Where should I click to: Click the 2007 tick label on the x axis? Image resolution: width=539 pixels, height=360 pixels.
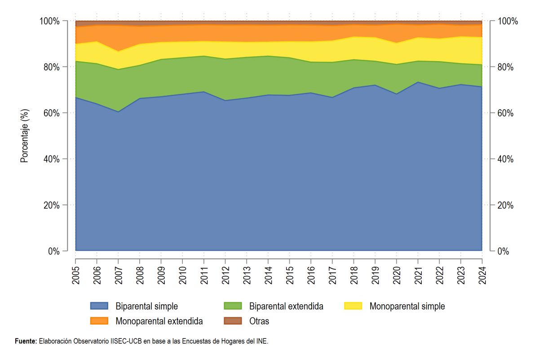pyautogui.click(x=119, y=276)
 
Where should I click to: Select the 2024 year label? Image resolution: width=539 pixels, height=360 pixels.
pyautogui.click(x=482, y=276)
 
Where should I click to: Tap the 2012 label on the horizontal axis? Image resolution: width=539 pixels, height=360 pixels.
pyautogui.click(x=225, y=276)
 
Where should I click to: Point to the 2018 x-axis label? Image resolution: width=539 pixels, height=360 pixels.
pyautogui.click(x=354, y=276)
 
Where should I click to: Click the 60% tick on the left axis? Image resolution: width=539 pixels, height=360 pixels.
pyautogui.click(x=52, y=113)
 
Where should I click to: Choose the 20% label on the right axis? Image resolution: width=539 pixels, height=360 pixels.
pyautogui.click(x=505, y=205)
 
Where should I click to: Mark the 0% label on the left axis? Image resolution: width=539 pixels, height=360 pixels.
pyautogui.click(x=53, y=251)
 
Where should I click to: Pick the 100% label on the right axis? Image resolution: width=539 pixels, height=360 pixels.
pyautogui.click(x=508, y=21)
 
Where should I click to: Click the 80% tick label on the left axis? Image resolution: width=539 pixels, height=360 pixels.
pyautogui.click(x=52, y=67)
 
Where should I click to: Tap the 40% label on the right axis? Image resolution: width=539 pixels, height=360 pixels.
pyautogui.click(x=505, y=159)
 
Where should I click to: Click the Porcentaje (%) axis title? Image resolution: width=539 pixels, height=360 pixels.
pyautogui.click(x=24, y=136)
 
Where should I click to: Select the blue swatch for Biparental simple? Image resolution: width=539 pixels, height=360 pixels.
pyautogui.click(x=99, y=306)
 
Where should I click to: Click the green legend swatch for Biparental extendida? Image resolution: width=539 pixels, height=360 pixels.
pyautogui.click(x=233, y=306)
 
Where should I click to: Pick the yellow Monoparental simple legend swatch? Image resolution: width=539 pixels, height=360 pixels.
pyautogui.click(x=353, y=306)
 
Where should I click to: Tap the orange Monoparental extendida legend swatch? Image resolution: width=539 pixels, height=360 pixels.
pyautogui.click(x=99, y=321)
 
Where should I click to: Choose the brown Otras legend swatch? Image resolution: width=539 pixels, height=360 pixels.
pyautogui.click(x=233, y=321)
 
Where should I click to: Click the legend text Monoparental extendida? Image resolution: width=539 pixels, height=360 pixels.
pyautogui.click(x=159, y=321)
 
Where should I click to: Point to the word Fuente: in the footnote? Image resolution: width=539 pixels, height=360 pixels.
pyautogui.click(x=26, y=341)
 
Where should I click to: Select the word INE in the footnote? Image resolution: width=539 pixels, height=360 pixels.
pyautogui.click(x=263, y=341)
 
